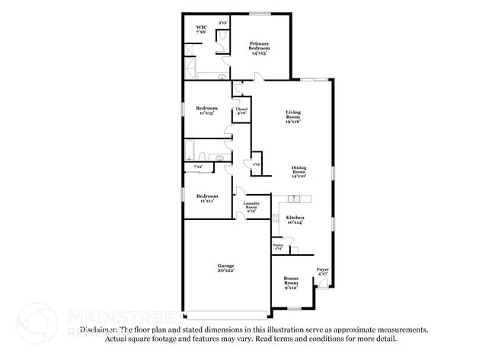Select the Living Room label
[293, 116]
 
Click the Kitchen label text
[294, 219]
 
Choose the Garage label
[226, 268]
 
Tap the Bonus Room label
[291, 282]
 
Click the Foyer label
[323, 271]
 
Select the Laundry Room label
[252, 206]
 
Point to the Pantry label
[278, 247]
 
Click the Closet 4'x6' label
[241, 111]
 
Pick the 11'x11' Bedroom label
[206, 198]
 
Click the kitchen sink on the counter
[297, 199]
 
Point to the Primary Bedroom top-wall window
[260, 13]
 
